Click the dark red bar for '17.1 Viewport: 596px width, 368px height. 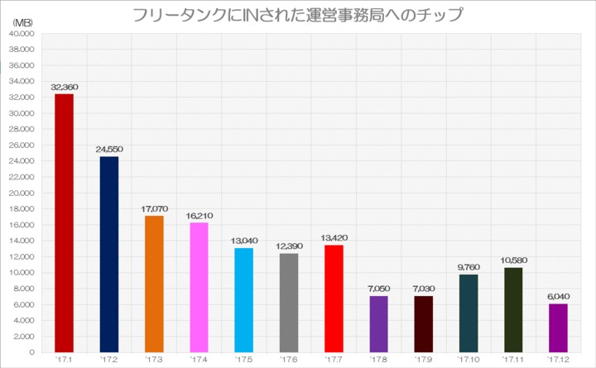(64, 222)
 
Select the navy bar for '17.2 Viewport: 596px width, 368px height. (108, 254)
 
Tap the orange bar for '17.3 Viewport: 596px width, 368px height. (154, 284)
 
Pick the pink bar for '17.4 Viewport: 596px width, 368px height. (199, 287)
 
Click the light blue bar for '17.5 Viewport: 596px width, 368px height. (243, 299)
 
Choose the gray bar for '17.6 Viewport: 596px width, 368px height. (288, 302)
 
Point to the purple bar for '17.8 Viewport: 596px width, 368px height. (378, 323)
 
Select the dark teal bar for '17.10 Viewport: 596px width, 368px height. (468, 313)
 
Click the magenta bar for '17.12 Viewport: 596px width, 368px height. (558, 327)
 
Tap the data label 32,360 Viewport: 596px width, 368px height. (64, 86)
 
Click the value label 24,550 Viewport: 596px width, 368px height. (108, 149)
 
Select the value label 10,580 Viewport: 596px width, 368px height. (513, 260)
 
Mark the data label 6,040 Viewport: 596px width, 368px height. (558, 296)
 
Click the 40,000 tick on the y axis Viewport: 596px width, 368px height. (20, 34)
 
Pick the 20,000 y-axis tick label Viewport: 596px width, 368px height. (20, 193)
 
